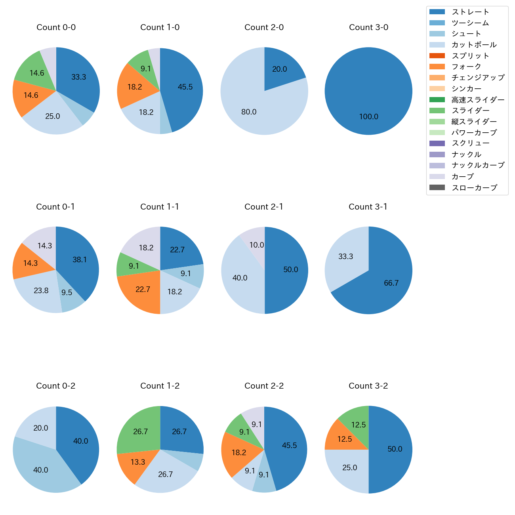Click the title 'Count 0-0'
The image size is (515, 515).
(x=56, y=27)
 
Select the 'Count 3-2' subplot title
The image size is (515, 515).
(x=368, y=386)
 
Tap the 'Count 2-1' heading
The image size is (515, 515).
(x=264, y=207)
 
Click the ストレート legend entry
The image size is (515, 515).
(x=470, y=12)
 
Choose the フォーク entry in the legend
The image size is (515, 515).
(x=466, y=67)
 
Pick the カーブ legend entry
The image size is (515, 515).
(x=462, y=177)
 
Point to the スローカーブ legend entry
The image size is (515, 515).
(x=474, y=188)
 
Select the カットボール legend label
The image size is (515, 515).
(x=474, y=45)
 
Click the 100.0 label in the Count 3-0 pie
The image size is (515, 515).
(x=368, y=117)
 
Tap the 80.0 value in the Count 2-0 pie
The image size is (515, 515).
(x=249, y=112)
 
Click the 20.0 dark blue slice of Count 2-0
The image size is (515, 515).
(x=279, y=69)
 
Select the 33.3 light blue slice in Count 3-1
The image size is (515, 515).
(x=345, y=257)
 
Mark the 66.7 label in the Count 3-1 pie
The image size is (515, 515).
(x=391, y=283)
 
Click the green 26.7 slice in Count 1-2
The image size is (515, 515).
(x=140, y=431)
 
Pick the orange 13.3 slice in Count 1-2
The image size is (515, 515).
(x=138, y=462)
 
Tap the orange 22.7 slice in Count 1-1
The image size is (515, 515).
(x=143, y=290)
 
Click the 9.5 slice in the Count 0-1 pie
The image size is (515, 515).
(x=67, y=293)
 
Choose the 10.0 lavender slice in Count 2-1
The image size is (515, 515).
(x=256, y=245)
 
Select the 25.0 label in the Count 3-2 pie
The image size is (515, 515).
(x=349, y=468)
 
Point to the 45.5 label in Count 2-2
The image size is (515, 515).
(x=289, y=446)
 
